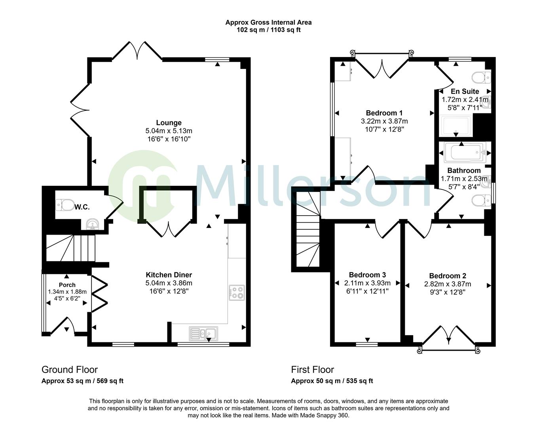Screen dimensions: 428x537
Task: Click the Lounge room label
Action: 169,123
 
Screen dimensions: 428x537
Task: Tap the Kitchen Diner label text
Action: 169,275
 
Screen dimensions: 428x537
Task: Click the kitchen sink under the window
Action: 203,333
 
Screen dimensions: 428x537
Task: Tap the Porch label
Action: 67,285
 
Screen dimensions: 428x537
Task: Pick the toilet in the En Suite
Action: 482,78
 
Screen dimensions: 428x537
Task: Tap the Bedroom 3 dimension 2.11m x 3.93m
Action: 367,283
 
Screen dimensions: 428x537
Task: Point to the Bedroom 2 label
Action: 448,276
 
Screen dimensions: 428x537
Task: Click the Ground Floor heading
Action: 70,370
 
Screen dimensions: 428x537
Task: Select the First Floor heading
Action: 313,370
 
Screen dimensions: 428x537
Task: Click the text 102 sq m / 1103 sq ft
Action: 268,30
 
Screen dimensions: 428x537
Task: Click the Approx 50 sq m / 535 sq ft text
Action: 332,381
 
